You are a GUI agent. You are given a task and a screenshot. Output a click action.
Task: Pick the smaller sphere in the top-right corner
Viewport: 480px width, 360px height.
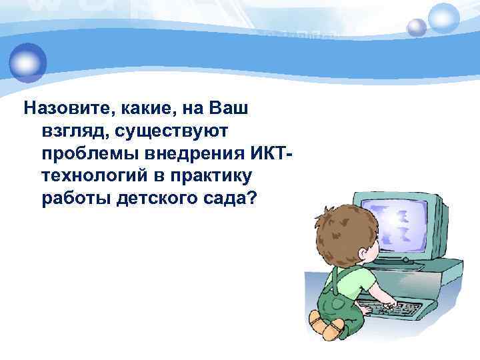pyautogui.click(x=416, y=27)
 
